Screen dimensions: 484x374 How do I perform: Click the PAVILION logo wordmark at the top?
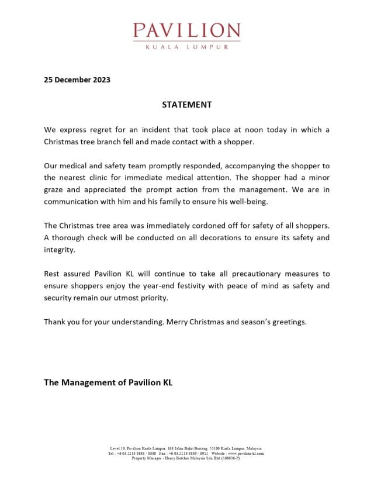(x=186, y=30)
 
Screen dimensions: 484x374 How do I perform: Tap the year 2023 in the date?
(x=100, y=79)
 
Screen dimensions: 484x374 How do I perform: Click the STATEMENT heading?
(x=186, y=105)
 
